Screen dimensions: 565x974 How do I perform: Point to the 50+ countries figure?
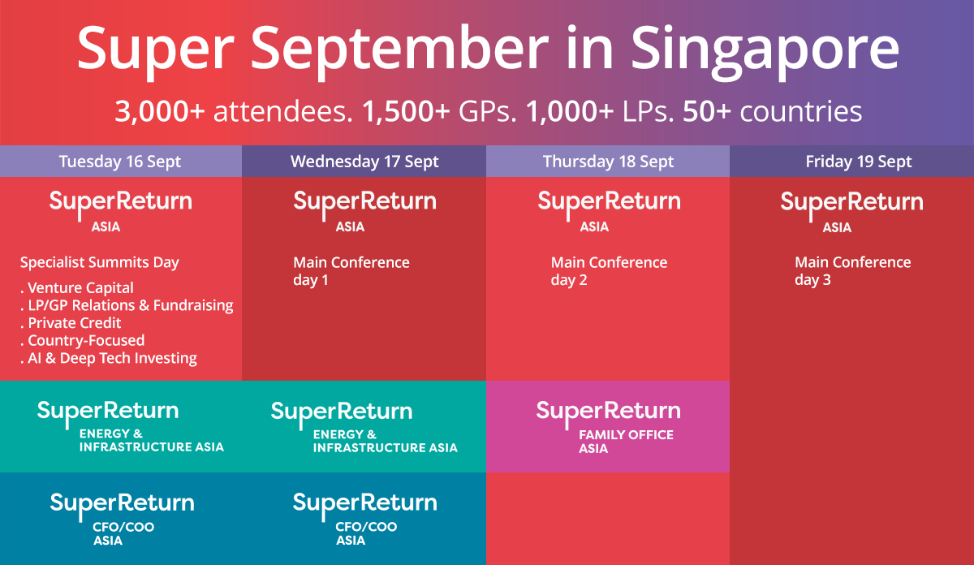tap(772, 112)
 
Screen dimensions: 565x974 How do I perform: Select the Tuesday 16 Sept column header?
tap(120, 162)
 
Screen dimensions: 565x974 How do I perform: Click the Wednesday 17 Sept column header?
tap(364, 162)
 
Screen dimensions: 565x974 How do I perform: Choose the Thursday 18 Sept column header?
tap(608, 162)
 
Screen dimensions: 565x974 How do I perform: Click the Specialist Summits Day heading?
tap(99, 262)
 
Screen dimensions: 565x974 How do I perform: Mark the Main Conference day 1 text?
tap(351, 271)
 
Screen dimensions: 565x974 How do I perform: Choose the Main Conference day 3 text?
tap(852, 271)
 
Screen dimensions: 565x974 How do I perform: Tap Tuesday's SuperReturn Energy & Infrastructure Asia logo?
tap(130, 426)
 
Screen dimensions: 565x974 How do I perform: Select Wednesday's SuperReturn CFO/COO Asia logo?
tap(364, 517)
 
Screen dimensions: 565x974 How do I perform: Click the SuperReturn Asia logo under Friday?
tap(851, 211)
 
